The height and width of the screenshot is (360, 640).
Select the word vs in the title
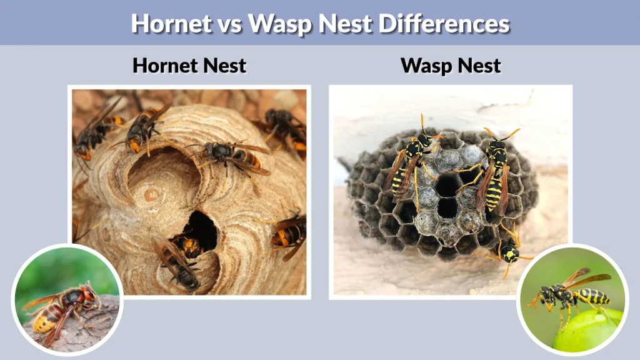(x=229, y=23)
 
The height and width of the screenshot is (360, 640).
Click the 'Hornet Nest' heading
(x=189, y=65)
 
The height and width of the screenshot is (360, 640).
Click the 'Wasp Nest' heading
(x=451, y=65)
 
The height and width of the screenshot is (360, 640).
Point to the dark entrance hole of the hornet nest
(x=201, y=228)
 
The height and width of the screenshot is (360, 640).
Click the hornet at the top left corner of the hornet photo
(x=94, y=131)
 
